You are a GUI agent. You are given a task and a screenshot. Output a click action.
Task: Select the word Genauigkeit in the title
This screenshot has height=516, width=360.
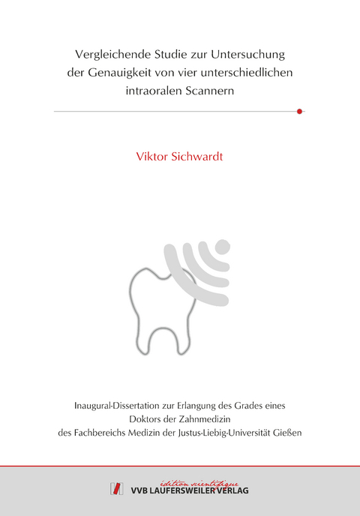pos(143,74)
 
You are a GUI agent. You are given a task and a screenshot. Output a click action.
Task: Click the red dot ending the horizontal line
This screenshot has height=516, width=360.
pos(299,111)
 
